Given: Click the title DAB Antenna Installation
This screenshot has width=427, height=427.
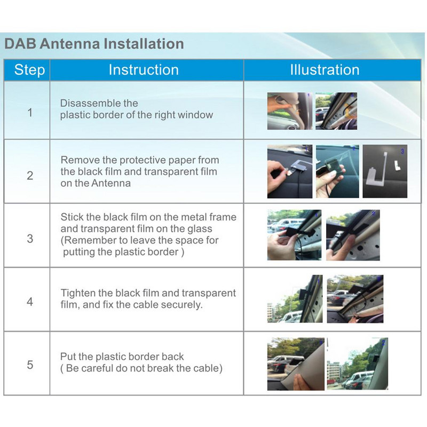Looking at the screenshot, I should click(x=94, y=44).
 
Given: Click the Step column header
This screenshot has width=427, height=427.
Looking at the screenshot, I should click(x=29, y=70).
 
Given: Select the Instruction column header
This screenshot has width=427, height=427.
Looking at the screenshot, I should click(x=144, y=70).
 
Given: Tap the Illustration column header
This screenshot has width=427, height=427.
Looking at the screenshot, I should click(x=325, y=70).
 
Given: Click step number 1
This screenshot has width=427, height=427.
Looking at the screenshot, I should click(x=30, y=113).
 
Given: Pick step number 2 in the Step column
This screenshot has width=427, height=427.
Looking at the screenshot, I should click(x=30, y=176).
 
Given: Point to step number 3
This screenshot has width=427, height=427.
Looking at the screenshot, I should click(x=30, y=239).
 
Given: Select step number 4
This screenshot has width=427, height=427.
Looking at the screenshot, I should click(x=30, y=302).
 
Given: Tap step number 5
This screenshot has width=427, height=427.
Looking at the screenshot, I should click(x=30, y=365).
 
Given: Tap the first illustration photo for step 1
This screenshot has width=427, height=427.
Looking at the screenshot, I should click(x=289, y=111).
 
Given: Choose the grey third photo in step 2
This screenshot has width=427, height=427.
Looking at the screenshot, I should click(x=385, y=171).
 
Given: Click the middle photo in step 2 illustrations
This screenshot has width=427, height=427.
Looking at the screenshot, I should click(x=337, y=171).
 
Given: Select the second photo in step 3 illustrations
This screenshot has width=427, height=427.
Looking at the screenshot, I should click(x=353, y=235).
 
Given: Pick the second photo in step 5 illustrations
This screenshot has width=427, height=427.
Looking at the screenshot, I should click(x=357, y=363).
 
